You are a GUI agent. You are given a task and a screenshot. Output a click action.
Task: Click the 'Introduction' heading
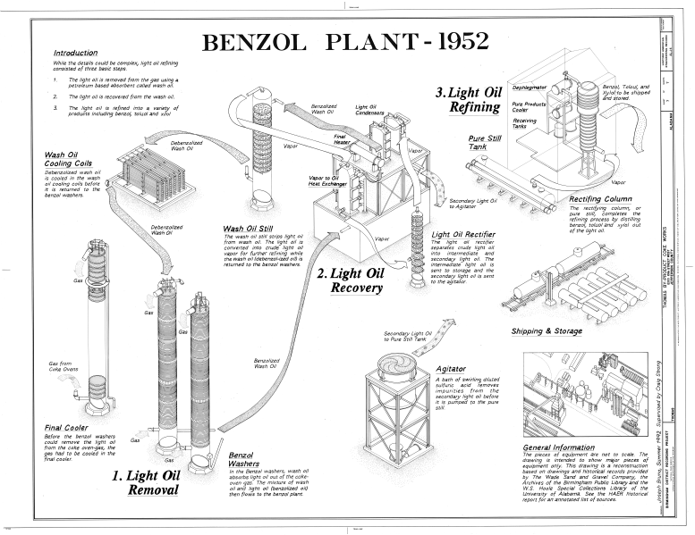coord(75,54)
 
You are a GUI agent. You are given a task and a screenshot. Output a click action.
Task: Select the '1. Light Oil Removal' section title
coord(145,481)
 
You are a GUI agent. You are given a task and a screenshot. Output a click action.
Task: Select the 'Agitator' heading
coord(450,368)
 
